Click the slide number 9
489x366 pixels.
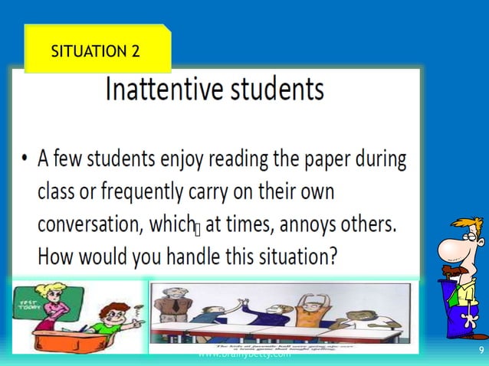[x=481, y=351]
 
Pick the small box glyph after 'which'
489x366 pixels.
[x=197, y=227]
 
